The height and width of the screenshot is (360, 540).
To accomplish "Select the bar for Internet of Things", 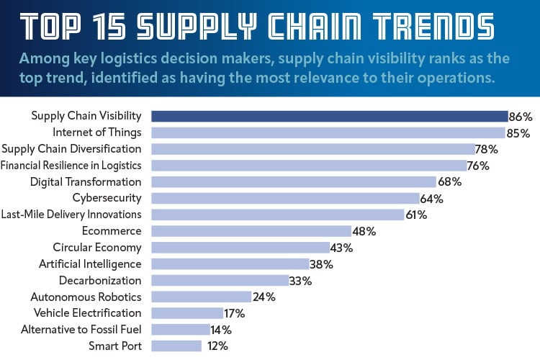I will tap(328, 132).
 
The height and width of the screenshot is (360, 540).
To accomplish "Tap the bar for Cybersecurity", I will tap(285, 198).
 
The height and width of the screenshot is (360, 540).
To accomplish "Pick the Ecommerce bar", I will tap(251, 231).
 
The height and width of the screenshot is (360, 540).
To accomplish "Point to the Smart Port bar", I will tap(176, 346).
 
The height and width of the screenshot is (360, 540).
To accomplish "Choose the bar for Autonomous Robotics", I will tap(201, 297).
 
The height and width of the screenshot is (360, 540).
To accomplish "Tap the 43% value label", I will tap(341, 248).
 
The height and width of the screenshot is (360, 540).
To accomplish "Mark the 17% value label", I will tap(235, 313).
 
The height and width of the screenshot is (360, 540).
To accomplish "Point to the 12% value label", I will tap(217, 346).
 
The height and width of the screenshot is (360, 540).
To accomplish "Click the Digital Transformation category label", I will tap(86, 181).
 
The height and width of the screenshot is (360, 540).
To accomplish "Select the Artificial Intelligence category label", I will tap(90, 264).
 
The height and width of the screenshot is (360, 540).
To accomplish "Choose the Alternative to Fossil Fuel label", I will tap(76, 329).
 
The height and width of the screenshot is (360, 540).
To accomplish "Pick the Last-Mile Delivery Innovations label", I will tap(71, 215).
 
